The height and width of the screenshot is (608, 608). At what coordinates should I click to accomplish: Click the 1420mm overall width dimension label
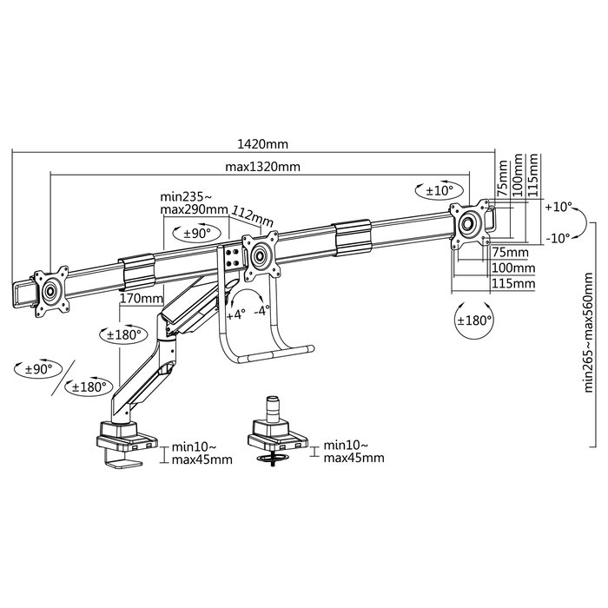262,144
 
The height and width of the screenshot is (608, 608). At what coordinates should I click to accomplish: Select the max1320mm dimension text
262,167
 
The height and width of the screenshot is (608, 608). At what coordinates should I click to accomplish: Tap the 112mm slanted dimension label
253,216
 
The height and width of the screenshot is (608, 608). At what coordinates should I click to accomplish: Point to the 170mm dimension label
141,299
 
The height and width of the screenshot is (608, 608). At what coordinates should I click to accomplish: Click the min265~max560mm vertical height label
588,333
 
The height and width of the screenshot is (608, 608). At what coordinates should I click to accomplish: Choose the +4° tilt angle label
236,314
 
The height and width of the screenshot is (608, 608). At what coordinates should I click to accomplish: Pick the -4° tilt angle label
262,311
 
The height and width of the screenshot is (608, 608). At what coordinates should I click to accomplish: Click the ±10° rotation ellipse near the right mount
439,190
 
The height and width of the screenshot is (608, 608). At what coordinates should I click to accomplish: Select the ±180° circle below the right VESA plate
474,321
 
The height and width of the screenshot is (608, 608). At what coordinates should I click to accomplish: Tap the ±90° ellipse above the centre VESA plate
196,233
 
